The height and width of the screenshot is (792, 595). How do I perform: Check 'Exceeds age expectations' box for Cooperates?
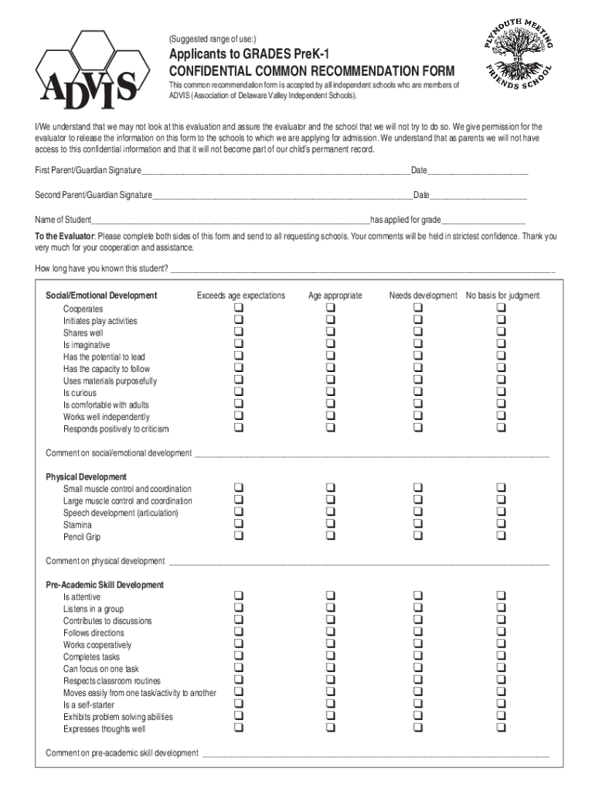pos(239,309)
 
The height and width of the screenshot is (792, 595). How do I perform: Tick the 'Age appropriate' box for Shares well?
pos(330,333)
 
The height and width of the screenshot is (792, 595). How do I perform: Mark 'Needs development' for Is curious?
pos(418,393)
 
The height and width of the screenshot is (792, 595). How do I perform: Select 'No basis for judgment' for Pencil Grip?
pos(501,537)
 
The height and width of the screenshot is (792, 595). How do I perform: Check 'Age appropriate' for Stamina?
pos(330,524)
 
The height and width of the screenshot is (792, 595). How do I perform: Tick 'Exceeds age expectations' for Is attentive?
pos(239,596)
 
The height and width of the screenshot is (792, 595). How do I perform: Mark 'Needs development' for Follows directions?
pos(418,633)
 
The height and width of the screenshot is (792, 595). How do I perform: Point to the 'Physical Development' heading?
pos(86,476)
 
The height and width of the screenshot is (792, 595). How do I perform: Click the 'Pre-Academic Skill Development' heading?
pos(104,585)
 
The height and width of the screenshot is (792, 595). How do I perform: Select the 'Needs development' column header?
pos(423,295)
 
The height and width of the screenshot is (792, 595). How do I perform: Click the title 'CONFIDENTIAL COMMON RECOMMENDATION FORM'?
pos(313,70)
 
